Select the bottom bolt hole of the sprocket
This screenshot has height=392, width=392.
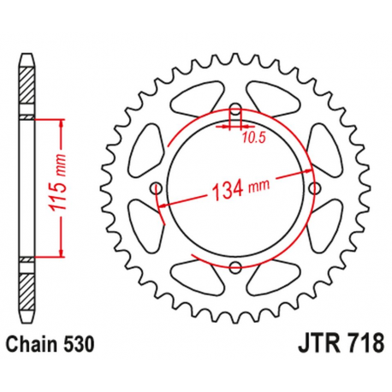point(235,269)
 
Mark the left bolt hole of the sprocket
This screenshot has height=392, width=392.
point(155,188)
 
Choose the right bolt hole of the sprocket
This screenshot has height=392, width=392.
point(314,188)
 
